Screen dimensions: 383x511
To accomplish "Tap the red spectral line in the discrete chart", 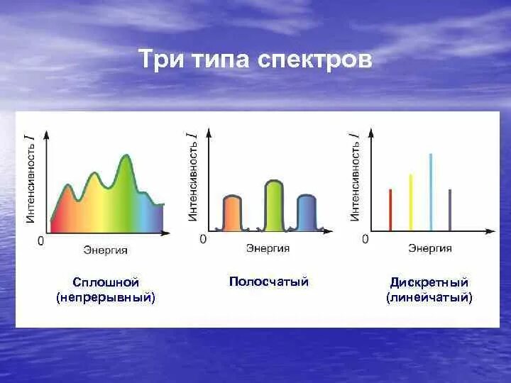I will coord(390,210).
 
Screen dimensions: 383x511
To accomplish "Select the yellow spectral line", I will coord(410,203).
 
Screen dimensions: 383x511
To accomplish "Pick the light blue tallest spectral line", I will coord(430,192).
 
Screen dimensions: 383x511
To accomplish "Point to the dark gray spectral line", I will coord(450,210).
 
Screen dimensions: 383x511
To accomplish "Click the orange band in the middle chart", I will coord(232,214).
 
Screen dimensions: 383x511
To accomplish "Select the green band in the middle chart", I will coord(273,207).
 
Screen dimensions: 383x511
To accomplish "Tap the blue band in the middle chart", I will coord(307,214).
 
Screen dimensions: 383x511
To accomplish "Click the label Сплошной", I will coord(106,282).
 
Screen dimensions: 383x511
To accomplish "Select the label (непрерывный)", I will coord(106,297).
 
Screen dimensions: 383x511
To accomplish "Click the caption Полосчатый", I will coord(269,282).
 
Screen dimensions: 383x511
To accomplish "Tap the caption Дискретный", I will coord(429,282).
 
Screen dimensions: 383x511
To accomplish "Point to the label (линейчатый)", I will coord(429,297).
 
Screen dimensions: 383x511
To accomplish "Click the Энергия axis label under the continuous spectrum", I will coord(105,249).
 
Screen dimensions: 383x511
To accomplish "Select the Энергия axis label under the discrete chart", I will coord(430,248).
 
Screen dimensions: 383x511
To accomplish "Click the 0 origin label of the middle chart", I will coord(203,240).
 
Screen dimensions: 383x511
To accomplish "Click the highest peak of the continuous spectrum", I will coord(126,157).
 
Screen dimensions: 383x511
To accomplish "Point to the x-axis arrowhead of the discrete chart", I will coord(490,231).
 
